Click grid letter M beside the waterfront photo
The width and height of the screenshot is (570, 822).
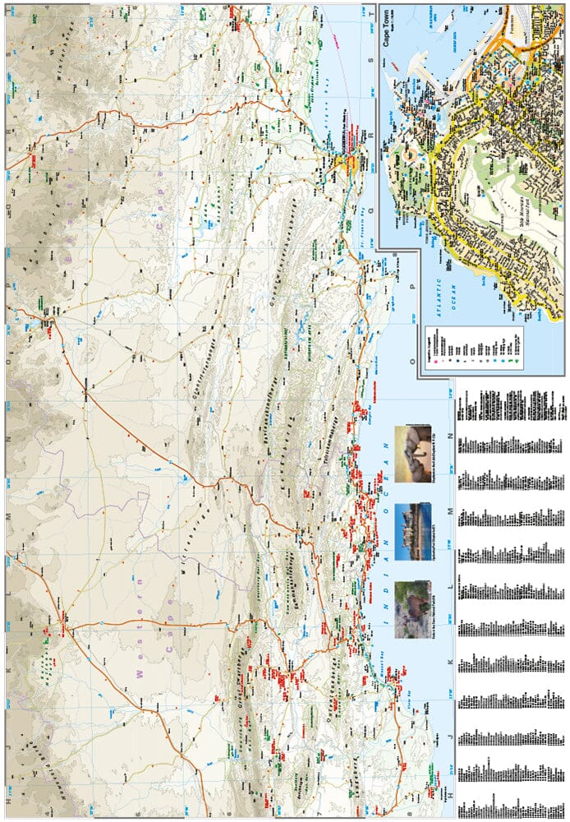pos(448,511)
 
